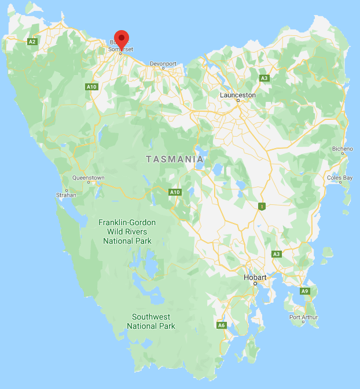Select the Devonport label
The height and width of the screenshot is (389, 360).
point(162,63)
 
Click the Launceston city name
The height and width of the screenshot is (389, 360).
point(238,94)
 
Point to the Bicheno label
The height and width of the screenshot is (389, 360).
point(343,149)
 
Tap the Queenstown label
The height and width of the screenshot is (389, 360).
point(89,178)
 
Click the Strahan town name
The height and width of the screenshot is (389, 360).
point(67,195)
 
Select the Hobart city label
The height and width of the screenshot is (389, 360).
point(255,278)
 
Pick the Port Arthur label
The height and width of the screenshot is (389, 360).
point(304,317)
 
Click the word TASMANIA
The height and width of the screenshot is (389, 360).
point(175,159)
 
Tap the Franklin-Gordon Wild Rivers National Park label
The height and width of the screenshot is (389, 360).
point(125,232)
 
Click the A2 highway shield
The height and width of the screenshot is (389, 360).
point(32,41)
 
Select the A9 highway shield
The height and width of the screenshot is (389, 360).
point(305,291)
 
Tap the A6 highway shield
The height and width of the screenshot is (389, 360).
point(221,325)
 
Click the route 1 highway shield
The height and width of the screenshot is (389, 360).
point(262,206)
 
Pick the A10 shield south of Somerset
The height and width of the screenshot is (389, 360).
point(91,87)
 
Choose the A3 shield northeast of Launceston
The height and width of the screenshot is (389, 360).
point(265,78)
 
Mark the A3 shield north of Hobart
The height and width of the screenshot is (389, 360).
point(277,254)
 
